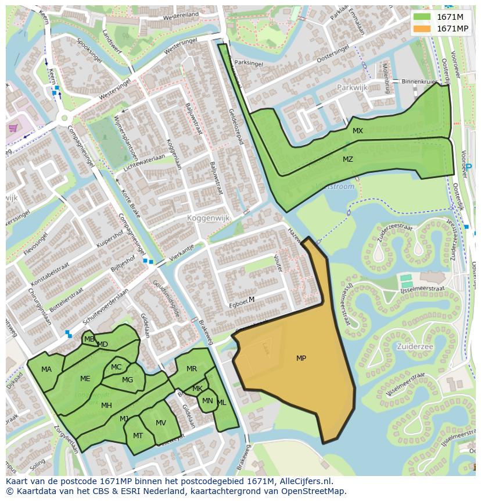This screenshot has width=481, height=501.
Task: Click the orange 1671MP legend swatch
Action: (x=422, y=29)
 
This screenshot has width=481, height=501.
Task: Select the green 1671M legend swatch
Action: (x=422, y=17)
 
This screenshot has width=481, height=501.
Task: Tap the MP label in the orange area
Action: (x=301, y=358)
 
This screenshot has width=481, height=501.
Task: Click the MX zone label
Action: (x=357, y=131)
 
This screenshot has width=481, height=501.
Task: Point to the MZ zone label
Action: (x=347, y=159)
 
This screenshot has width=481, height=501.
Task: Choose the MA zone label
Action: (x=46, y=369)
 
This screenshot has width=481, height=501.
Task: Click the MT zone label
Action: (x=138, y=436)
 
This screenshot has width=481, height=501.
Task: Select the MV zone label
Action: (x=161, y=423)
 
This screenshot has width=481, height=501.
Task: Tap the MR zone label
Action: (x=192, y=369)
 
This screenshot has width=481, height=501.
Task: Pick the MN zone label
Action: (x=207, y=400)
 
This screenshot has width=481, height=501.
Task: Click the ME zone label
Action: (x=85, y=379)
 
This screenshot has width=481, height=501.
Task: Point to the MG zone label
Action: (x=127, y=380)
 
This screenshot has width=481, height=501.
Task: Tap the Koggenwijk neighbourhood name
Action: (x=209, y=218)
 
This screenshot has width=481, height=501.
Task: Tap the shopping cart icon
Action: (x=13, y=127)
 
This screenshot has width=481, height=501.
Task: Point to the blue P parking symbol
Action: (x=469, y=167)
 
